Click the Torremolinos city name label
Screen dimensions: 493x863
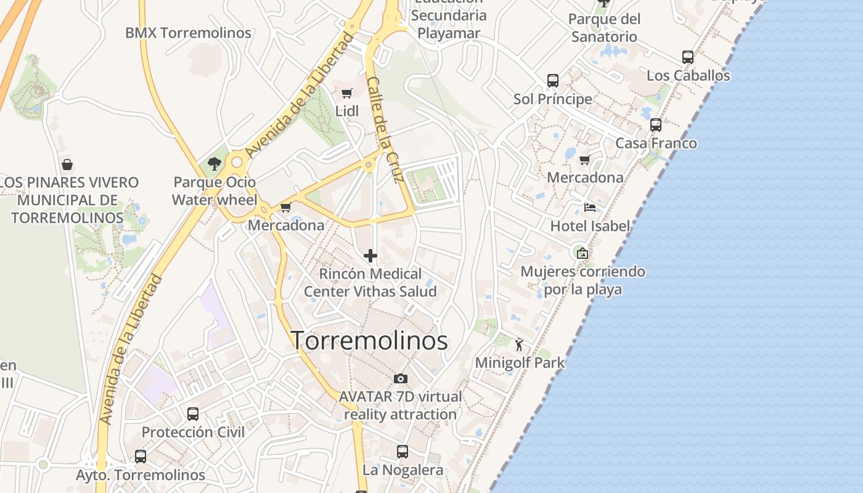pos(369,340)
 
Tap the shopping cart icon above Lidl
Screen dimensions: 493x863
pos(346,94)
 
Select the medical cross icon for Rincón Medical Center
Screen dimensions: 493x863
pos(370,255)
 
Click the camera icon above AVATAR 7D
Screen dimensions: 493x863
pos(401,378)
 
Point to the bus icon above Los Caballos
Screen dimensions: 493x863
pos(688,57)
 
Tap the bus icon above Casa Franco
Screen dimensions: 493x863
pos(656,125)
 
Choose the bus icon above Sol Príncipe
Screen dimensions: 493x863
pos(553,81)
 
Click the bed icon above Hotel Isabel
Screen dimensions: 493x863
pos(590,208)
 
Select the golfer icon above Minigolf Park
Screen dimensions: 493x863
pos(519,344)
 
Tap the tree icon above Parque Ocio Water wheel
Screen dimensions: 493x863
pos(215,163)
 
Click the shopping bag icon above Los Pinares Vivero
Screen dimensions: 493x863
pos(67,165)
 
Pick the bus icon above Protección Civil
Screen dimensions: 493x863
pos(193,414)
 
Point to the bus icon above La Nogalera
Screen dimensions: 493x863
pos(403,452)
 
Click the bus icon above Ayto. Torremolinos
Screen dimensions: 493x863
pos(141,457)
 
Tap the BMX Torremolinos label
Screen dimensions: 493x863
pos(188,33)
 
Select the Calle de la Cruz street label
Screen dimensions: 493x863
pos(385,130)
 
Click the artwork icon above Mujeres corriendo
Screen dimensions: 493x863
pos(582,253)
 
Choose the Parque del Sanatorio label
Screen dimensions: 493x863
pos(604,28)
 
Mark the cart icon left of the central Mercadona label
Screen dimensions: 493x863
pos(285,208)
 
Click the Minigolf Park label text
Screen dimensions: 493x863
pos(520,362)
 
